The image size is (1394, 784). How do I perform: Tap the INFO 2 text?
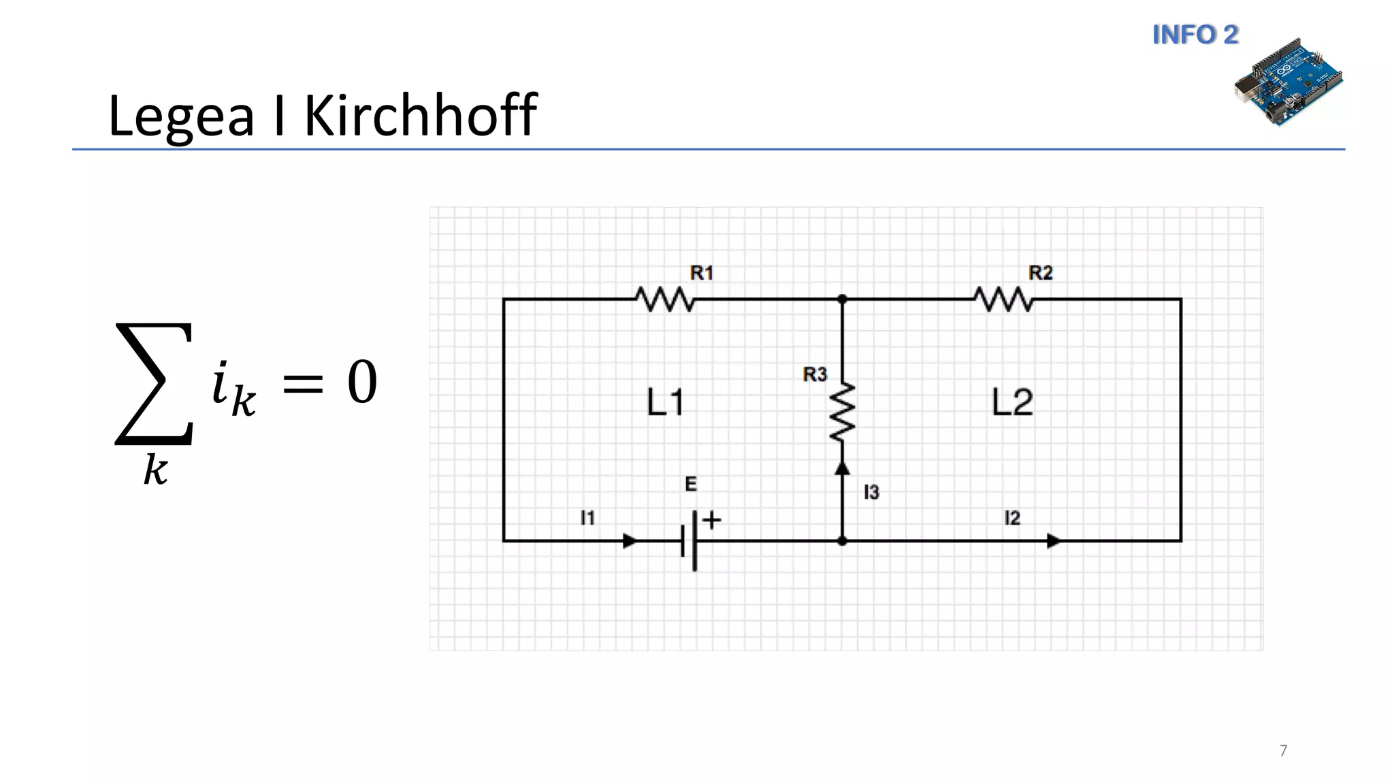[x=1195, y=35]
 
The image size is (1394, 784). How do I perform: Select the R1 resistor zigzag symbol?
[x=664, y=299]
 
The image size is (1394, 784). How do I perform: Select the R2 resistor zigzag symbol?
[x=1003, y=299]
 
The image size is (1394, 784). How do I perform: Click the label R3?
[x=815, y=374]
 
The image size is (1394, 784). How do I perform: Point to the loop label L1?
[x=665, y=402]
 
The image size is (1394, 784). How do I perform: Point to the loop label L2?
[x=1012, y=402]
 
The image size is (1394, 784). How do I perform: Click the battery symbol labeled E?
[x=689, y=541]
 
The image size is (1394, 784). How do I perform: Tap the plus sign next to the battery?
[x=712, y=521]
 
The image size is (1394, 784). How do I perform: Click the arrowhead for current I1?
[x=630, y=541]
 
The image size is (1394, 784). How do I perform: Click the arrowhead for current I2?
[x=1053, y=541]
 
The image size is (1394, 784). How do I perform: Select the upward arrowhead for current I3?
[x=842, y=468]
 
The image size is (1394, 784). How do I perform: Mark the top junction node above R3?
[x=842, y=299]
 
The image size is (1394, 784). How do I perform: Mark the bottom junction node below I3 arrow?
[x=842, y=541]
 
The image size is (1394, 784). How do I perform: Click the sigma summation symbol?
[x=155, y=385]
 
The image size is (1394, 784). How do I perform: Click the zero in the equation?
[x=362, y=382]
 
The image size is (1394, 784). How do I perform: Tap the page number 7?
[x=1283, y=751]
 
